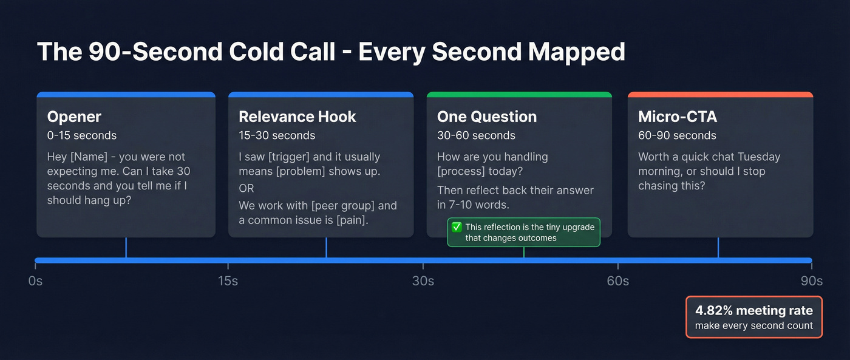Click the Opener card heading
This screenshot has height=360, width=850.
coord(74,117)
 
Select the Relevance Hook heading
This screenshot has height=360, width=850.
coord(297,117)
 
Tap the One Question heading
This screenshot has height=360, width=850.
coord(487,117)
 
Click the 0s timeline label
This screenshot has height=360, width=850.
coord(35,281)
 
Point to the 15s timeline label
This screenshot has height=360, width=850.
coord(228,281)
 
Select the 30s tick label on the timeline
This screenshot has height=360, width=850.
coord(423,281)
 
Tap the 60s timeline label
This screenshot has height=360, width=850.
coord(617,281)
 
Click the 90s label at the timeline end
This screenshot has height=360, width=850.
coord(811,281)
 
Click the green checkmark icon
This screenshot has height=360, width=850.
coord(457,227)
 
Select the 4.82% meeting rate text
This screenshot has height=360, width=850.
coord(753,310)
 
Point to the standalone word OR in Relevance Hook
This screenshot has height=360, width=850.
coord(246,188)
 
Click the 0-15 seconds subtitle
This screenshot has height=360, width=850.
coord(82,135)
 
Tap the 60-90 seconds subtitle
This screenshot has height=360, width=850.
coord(677,135)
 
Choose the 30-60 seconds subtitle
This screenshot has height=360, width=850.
coord(476,135)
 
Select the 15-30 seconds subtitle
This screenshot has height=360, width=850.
coord(277,135)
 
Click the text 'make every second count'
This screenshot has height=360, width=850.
coord(753,325)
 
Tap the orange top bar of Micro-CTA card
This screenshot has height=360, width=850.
coord(720,95)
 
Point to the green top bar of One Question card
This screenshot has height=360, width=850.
coord(519,95)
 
